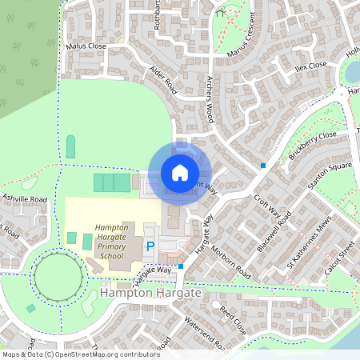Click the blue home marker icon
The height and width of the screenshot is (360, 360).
(x=180, y=172)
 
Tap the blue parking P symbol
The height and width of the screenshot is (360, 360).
(x=150, y=246)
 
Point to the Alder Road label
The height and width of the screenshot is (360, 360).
(x=163, y=78)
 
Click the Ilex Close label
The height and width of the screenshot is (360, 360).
(x=310, y=66)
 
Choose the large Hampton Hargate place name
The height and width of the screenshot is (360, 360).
(x=151, y=295)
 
